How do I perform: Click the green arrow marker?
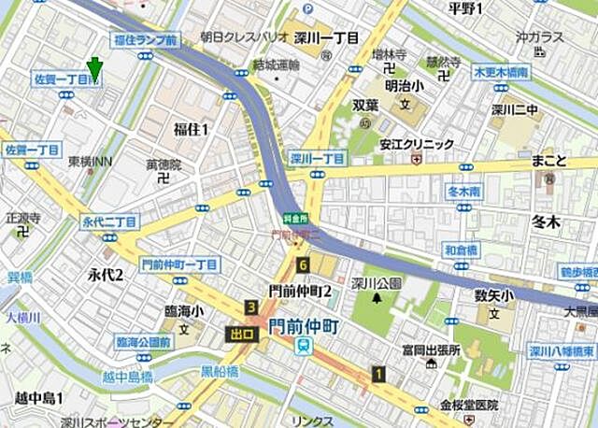click(93, 69)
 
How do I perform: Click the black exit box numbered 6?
click(303, 265)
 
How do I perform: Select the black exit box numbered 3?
click(250, 307)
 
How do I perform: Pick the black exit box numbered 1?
click(377, 374)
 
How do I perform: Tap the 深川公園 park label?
click(377, 283)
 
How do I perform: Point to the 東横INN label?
click(90, 162)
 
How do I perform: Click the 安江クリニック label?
click(417, 144)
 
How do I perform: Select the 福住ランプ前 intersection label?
click(144, 41)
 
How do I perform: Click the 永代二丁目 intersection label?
click(109, 221)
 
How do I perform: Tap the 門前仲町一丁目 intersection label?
click(178, 264)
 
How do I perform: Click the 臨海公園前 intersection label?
click(143, 343)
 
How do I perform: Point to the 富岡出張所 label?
click(431, 350)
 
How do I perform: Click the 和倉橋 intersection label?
click(461, 250)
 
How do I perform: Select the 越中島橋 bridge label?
click(128, 377)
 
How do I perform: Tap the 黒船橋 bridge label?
click(221, 371)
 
